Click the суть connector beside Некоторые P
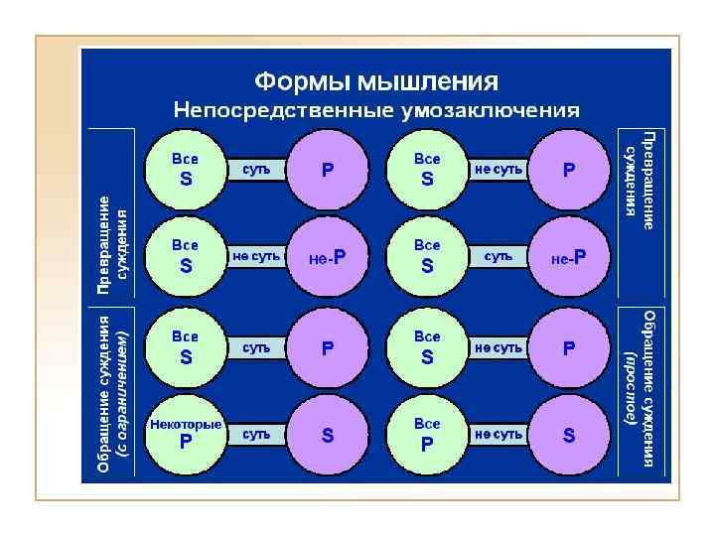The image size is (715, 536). [x=257, y=435]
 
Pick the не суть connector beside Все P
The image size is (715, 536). [x=499, y=435]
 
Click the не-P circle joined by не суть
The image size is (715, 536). [x=328, y=258]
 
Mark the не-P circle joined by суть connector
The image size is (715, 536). [x=569, y=258]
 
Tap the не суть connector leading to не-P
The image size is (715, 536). [x=257, y=256]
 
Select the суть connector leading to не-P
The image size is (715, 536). [x=499, y=256]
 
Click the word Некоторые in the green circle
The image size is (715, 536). [x=186, y=425]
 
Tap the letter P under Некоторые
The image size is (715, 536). [x=186, y=444]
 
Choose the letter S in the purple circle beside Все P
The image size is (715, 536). [x=569, y=436]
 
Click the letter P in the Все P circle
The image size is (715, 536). [x=427, y=445]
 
